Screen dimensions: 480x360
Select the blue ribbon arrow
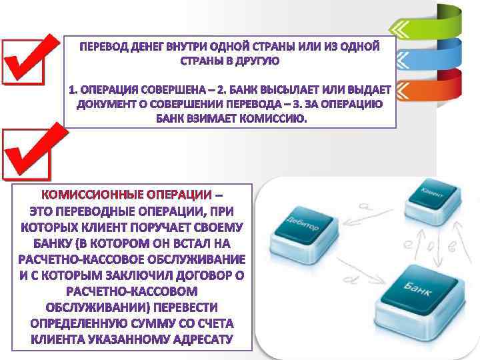(427, 60)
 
